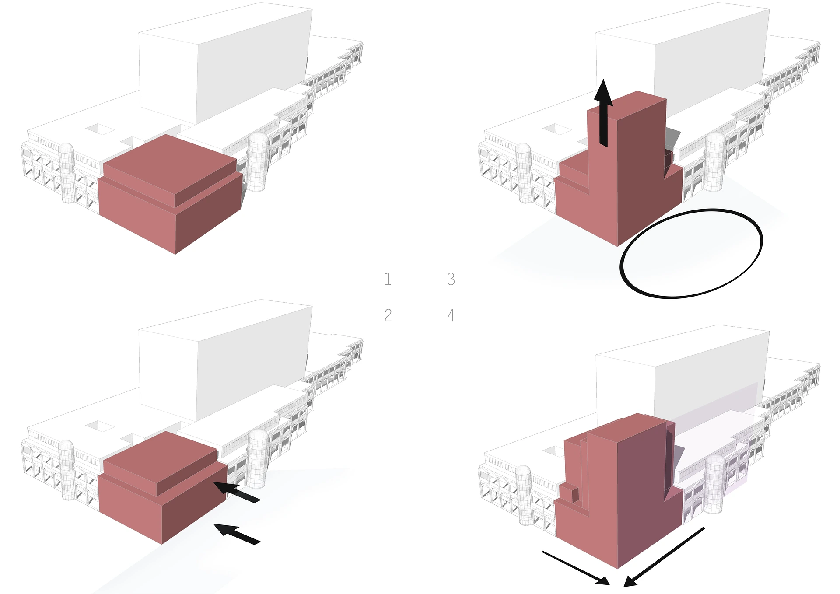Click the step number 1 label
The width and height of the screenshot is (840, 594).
[388, 279]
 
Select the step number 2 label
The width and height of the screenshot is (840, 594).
[388, 315]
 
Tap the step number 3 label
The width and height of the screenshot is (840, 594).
[451, 279]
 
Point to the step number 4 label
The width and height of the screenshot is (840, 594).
[451, 315]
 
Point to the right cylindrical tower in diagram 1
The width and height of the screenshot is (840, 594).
[258, 162]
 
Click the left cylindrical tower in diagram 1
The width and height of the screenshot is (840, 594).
[67, 173]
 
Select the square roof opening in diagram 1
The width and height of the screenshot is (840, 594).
[100, 129]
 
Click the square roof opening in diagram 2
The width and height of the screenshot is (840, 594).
[100, 426]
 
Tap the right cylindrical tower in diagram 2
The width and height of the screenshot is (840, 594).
[257, 459]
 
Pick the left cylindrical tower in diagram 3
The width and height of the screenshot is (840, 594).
[524, 173]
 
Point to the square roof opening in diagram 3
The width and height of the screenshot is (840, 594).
[557, 129]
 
